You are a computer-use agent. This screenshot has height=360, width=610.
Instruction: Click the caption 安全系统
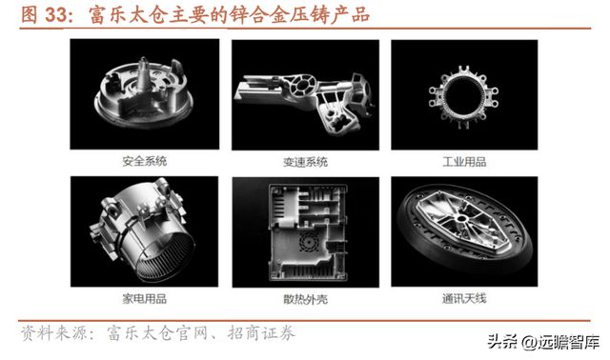coord(144,162)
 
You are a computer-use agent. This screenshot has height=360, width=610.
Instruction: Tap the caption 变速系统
coord(304,162)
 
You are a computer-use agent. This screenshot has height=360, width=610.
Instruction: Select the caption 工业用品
coord(464,162)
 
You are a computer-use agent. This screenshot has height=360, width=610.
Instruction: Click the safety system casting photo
coord(144,95)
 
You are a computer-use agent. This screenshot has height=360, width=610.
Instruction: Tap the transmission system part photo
coord(304,95)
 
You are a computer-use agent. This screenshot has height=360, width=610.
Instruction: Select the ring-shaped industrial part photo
coord(464,95)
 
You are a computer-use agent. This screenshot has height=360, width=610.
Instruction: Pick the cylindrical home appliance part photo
coord(144,232)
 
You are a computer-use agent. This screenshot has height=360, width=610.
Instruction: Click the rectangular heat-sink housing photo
coord(304,232)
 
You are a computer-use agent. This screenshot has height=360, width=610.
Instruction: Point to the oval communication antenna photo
coord(464,232)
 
